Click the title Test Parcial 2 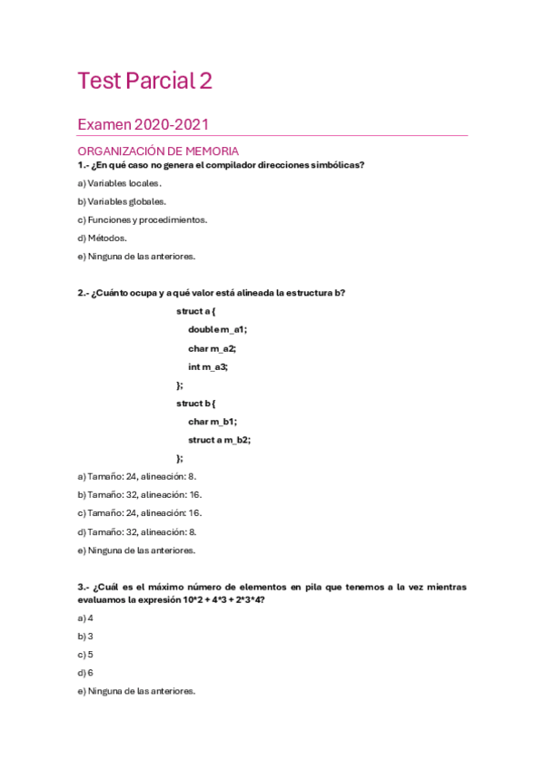click(145, 82)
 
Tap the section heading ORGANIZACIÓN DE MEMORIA click(158, 151)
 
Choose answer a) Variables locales click(120, 183)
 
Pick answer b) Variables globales click(122, 201)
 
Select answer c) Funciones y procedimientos click(142, 219)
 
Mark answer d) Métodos click(102, 238)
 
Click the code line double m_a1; click(218, 329)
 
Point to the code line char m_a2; click(213, 348)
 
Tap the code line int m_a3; click(208, 366)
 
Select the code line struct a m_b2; click(220, 440)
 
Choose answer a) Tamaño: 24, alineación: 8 click(137, 476)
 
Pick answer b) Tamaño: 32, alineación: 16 click(140, 494)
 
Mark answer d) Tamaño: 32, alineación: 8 click(137, 531)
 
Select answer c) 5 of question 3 click(85, 654)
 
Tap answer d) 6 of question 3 click(85, 673)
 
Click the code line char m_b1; click(213, 422)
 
